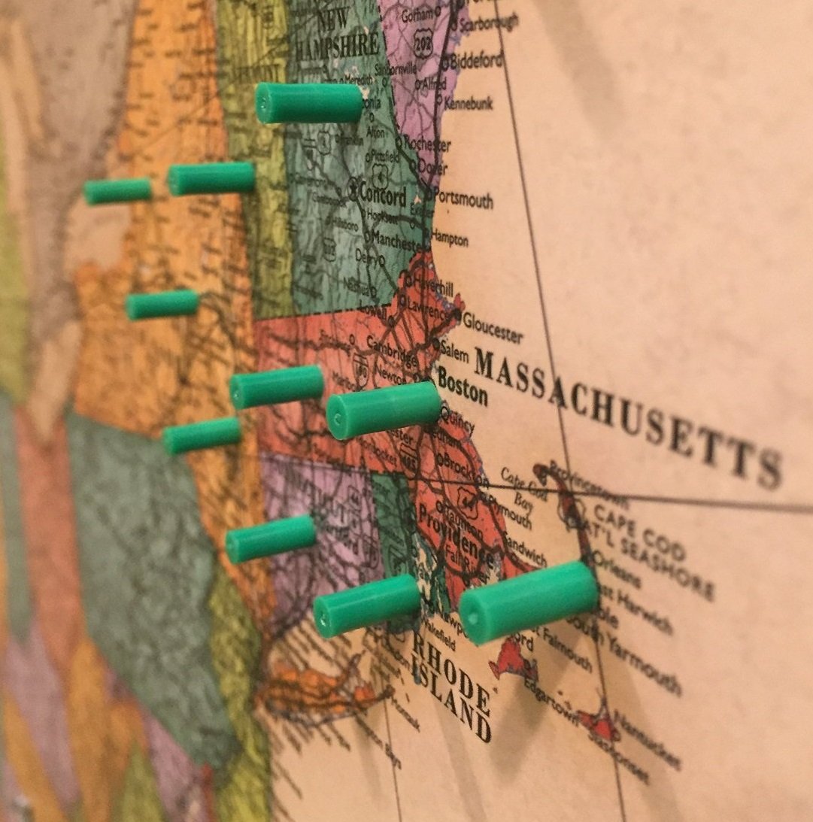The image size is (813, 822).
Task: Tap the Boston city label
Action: (463, 384)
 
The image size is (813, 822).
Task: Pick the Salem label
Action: (455, 350)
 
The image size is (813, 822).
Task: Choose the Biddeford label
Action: (477, 61)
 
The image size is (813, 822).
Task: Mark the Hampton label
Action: (450, 239)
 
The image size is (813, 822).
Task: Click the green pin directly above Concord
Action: (309, 103)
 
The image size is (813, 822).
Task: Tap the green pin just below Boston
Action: (384, 410)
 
